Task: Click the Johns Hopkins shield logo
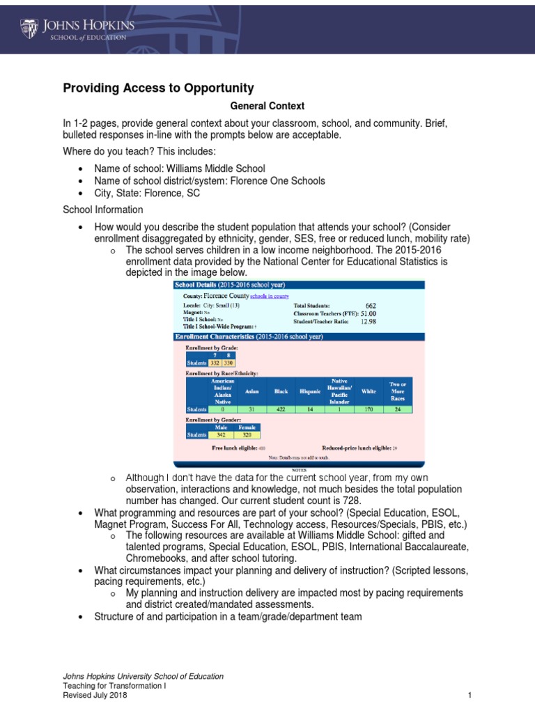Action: click(29, 29)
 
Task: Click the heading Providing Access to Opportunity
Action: click(158, 88)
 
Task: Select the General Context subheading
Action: click(267, 107)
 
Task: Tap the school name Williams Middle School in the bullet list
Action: click(215, 169)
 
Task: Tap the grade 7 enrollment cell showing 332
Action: click(215, 362)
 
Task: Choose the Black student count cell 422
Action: click(281, 409)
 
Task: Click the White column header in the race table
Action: click(369, 391)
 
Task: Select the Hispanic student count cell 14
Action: click(310, 409)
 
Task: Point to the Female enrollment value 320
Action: click(247, 434)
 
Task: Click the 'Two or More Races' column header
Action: click(398, 391)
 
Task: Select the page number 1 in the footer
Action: click(470, 695)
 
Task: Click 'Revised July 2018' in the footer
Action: click(95, 695)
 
